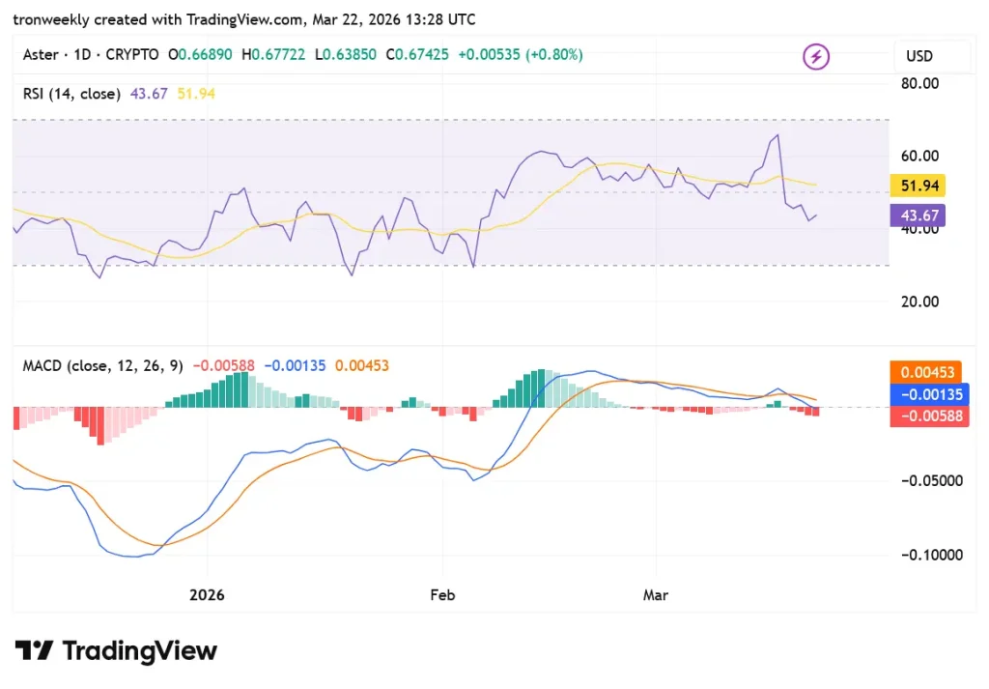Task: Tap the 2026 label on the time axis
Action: tap(207, 595)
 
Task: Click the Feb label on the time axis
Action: tap(442, 595)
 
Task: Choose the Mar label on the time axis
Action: tap(656, 595)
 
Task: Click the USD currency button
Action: tap(919, 56)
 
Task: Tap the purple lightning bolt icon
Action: tap(816, 57)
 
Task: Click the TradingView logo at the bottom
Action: tap(116, 651)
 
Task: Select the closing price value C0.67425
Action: tap(417, 55)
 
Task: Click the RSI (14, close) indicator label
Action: tap(71, 94)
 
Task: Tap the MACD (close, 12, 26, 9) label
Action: tap(103, 366)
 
